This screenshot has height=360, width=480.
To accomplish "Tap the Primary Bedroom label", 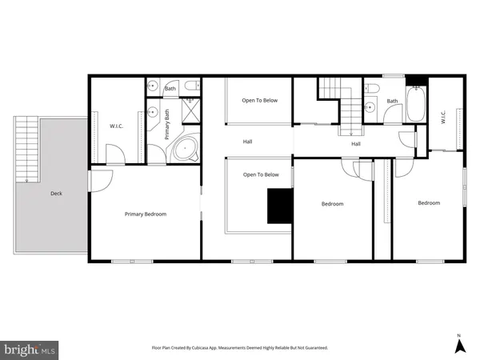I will coord(145,214).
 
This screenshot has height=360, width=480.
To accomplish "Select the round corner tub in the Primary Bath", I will coord(186,149).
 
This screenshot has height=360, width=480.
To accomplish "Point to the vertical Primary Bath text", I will coord(168,125).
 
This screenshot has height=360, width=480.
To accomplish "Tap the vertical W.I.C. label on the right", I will coord(442,117).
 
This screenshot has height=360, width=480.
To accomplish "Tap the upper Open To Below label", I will coord(260,100).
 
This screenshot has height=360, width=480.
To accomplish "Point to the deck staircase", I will coord(27,149).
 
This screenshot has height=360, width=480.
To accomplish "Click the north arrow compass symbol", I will coord(459,345).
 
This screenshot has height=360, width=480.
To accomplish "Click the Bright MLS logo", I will coord(30,350).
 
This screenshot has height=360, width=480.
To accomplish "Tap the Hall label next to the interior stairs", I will coord(355,144).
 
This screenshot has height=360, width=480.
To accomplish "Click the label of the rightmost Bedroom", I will coord(429,203).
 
